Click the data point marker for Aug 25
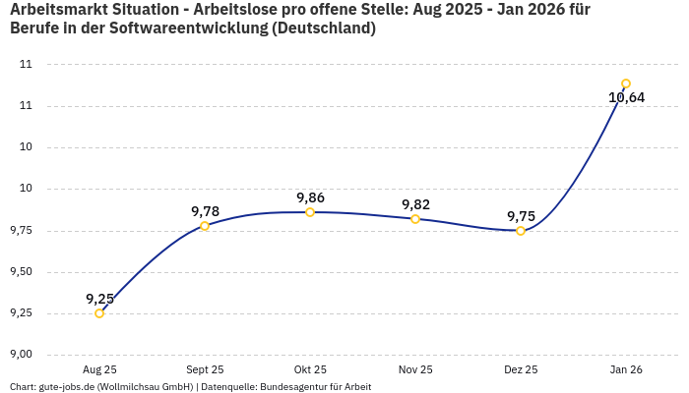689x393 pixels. point(99,313)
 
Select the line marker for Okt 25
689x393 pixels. point(310,212)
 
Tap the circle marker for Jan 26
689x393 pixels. point(626,84)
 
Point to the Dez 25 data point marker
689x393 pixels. point(521,231)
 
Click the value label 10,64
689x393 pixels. point(626,97)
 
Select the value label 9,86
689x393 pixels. point(310,197)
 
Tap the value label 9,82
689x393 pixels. point(415,204)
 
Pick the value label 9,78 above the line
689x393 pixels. point(205,211)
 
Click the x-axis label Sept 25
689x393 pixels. point(205,369)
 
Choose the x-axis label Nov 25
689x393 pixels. point(415,369)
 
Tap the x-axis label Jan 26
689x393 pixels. point(626,369)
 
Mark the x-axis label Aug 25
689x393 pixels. point(99,369)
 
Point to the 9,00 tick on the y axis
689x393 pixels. point(21,355)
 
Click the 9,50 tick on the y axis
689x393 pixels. point(21,272)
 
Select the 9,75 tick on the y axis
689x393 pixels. point(21,231)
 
